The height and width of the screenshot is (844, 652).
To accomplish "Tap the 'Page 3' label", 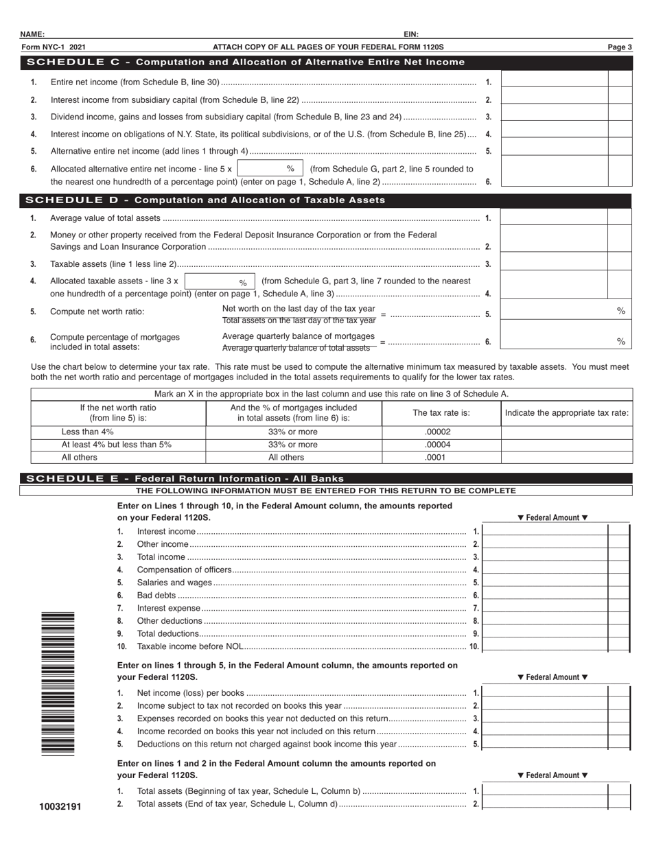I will click(x=619, y=47).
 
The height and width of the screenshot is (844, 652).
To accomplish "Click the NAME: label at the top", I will click(x=32, y=34).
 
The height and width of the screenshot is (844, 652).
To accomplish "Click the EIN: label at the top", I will click(x=411, y=34).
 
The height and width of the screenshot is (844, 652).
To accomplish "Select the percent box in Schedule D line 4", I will click(x=220, y=282).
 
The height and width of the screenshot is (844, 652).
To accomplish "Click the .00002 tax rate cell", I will click(x=441, y=432).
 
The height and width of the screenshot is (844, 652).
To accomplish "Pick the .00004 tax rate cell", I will click(x=441, y=445).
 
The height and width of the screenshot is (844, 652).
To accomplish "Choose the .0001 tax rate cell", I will click(x=441, y=457).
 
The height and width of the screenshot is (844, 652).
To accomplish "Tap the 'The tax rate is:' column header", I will click(x=441, y=413).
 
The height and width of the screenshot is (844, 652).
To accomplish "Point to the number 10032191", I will click(x=60, y=806).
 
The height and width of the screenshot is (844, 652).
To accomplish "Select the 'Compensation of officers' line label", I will click(x=185, y=570).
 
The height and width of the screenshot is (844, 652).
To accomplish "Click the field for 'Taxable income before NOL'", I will click(x=546, y=646).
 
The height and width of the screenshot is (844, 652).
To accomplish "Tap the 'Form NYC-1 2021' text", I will click(x=54, y=47).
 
